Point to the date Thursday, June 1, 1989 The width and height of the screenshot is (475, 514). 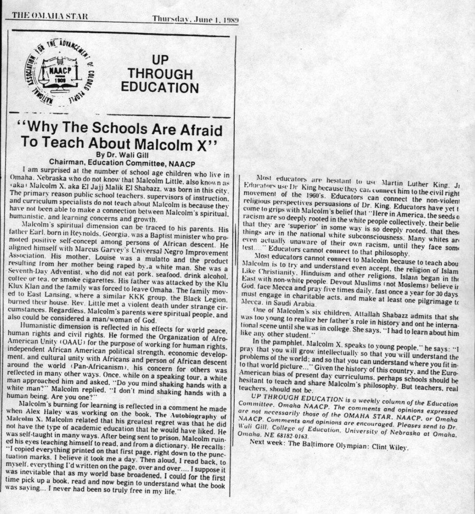(195, 19)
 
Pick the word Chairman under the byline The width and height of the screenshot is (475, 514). (69, 162)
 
